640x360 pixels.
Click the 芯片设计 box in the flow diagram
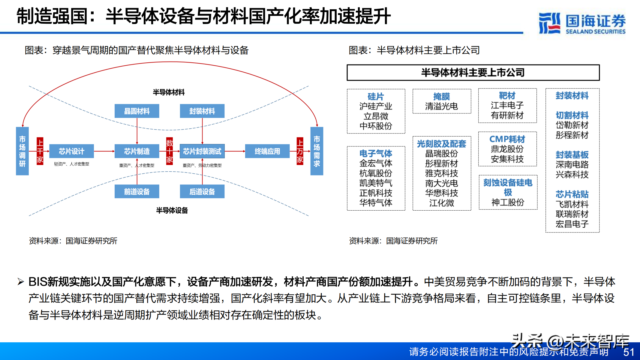71,151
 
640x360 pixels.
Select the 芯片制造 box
137,151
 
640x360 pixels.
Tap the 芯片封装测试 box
202,151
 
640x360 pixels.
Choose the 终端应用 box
267,151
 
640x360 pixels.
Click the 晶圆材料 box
137,111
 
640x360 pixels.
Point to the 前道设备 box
137,191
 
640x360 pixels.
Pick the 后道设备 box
202,191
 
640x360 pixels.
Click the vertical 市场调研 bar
22,151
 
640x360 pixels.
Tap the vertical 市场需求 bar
317,151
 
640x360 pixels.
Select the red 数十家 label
170,151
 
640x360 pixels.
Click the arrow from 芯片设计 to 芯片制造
104,151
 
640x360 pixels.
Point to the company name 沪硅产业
376,106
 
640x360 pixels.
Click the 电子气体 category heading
376,153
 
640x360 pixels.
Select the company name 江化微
442,203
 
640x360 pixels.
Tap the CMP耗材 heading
507,139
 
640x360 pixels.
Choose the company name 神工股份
508,202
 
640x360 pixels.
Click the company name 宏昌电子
572,224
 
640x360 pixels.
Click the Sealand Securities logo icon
549,23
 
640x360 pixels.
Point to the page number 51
629,352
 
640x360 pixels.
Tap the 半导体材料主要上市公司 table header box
473,73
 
